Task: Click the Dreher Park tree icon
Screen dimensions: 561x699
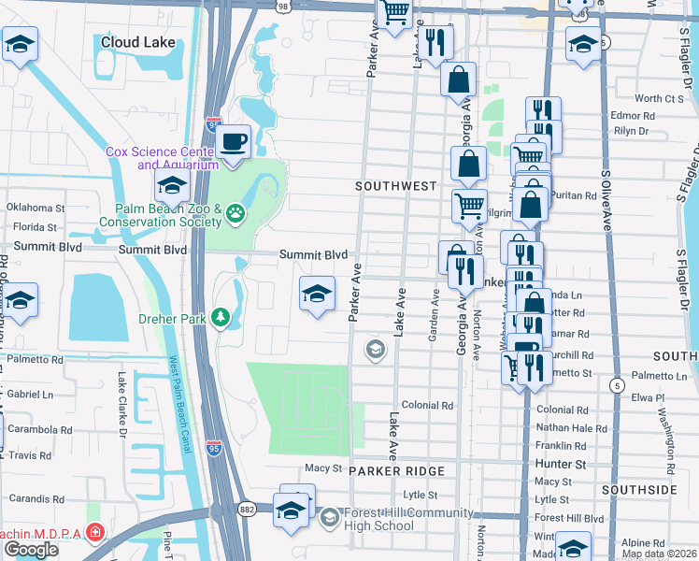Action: coord(221,318)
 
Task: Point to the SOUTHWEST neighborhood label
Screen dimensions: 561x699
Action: coord(396,186)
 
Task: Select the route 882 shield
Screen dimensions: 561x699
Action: coord(248,508)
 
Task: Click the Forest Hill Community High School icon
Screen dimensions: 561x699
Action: coord(329,517)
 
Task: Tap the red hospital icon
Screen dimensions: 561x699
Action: coord(94,532)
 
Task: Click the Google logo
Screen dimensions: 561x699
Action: coord(31,550)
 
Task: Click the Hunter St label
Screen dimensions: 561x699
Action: coord(561,464)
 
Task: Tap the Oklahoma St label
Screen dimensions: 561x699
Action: coord(35,208)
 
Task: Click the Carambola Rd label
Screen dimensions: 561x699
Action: coord(35,430)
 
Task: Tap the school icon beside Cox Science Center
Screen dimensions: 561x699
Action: coord(173,186)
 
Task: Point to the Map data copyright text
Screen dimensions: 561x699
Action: coord(659,554)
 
